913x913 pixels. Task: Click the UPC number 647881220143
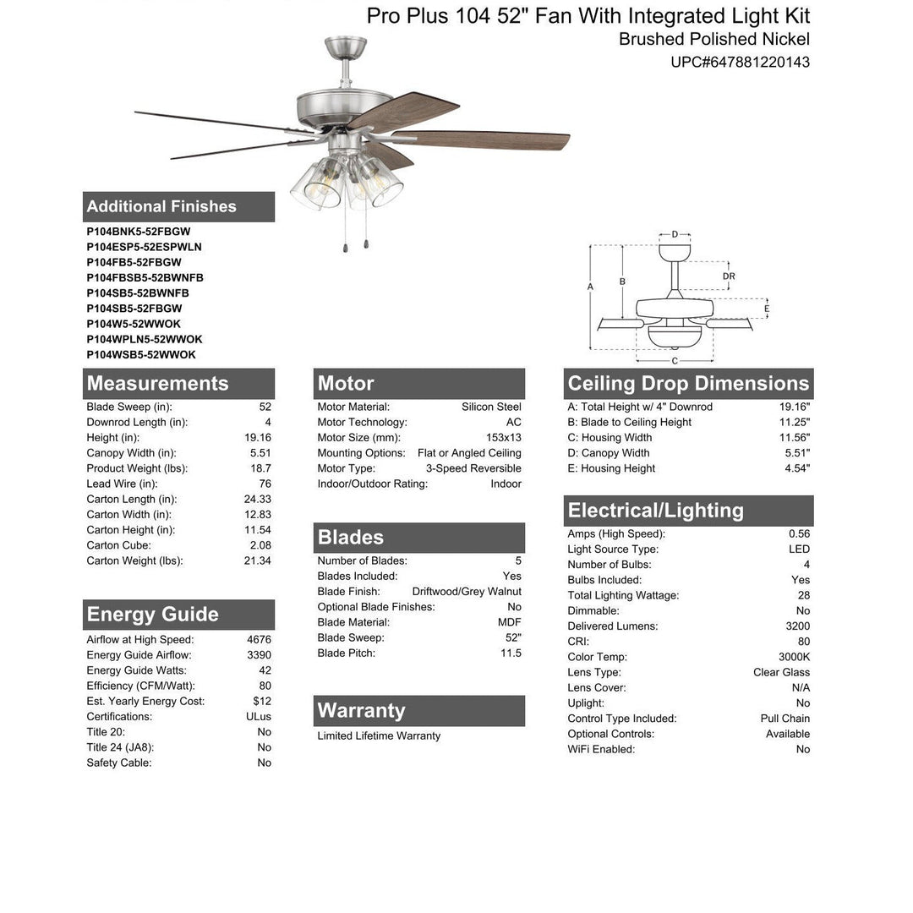coord(740,62)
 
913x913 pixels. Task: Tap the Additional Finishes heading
coord(161,206)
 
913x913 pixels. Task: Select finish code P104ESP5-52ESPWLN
coord(144,247)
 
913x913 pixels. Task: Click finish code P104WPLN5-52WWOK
coord(144,339)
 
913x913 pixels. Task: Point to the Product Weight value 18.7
coord(261,468)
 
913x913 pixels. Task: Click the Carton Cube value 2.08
coord(260,545)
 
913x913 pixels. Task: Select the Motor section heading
coord(346,384)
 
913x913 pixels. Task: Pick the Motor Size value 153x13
coord(503,438)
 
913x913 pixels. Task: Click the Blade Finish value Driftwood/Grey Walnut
coord(467,592)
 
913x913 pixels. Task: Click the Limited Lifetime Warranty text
coord(379,736)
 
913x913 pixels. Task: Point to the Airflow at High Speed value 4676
coord(259,640)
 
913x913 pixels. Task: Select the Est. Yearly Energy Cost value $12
coord(262,702)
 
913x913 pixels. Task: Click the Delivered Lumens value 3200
coord(797,626)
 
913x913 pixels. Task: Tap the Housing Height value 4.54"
coord(795,468)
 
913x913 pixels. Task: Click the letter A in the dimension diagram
coord(590,287)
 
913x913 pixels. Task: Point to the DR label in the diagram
coord(729,276)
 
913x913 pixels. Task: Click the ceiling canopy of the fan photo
coord(346,48)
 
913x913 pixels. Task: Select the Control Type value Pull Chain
coord(785,719)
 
